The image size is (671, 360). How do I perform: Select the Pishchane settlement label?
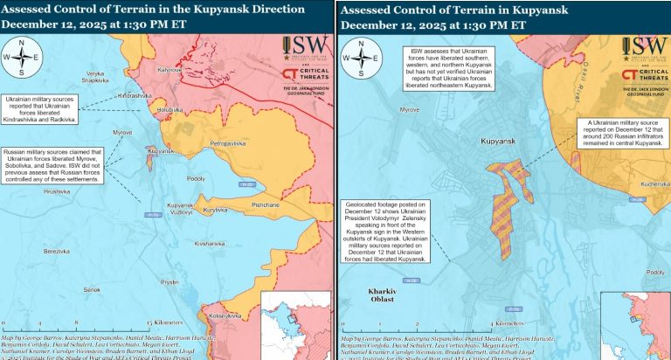point(265,204)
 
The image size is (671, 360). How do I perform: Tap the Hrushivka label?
point(57,190)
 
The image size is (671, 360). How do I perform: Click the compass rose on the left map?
point(23,59)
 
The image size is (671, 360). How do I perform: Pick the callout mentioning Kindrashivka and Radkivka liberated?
point(40,110)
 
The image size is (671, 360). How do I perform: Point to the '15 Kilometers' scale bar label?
point(165,322)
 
